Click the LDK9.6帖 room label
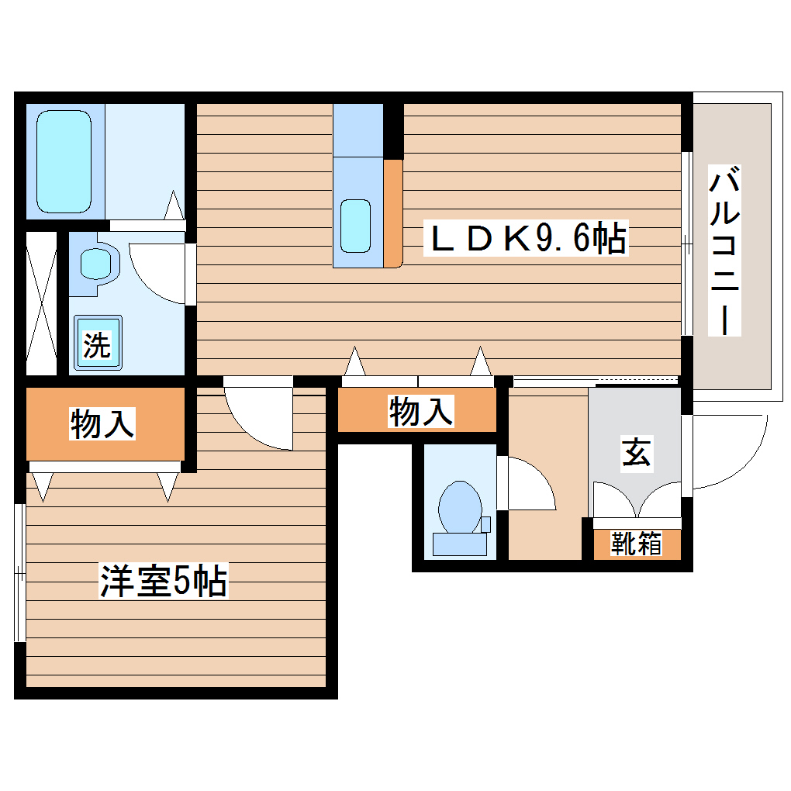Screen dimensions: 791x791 pos(528,238)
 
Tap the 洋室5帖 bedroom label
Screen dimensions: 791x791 pos(163,581)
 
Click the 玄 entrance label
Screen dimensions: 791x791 pos(636,453)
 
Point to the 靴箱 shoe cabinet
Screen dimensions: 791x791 pos(637,544)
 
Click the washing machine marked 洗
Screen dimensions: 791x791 pos(97,344)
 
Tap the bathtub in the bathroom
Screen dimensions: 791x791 pos(64,161)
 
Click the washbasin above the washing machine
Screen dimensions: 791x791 pos(96,264)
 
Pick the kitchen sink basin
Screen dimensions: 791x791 pos(356,226)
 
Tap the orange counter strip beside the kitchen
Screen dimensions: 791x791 pos(393,212)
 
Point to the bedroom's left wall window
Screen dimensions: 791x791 pos(19,573)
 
